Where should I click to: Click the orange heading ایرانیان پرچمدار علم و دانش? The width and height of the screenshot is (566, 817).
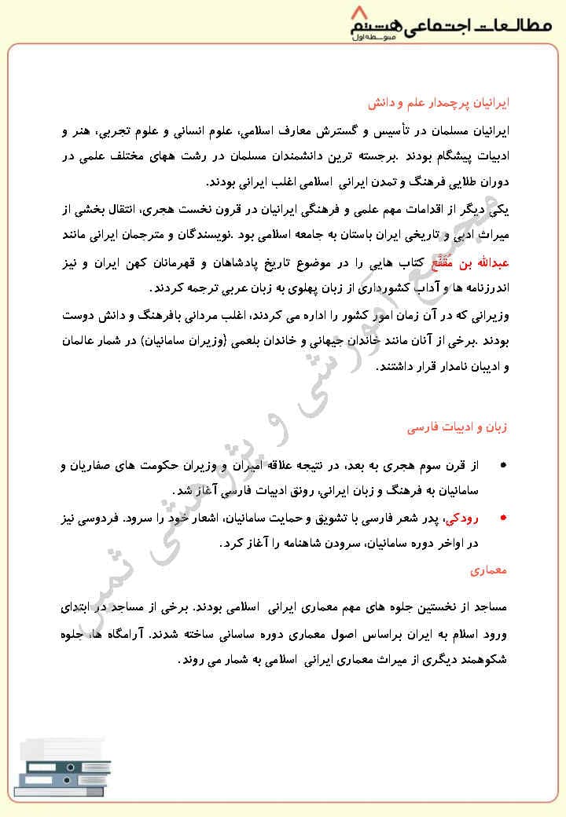pyautogui.click(x=455, y=103)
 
